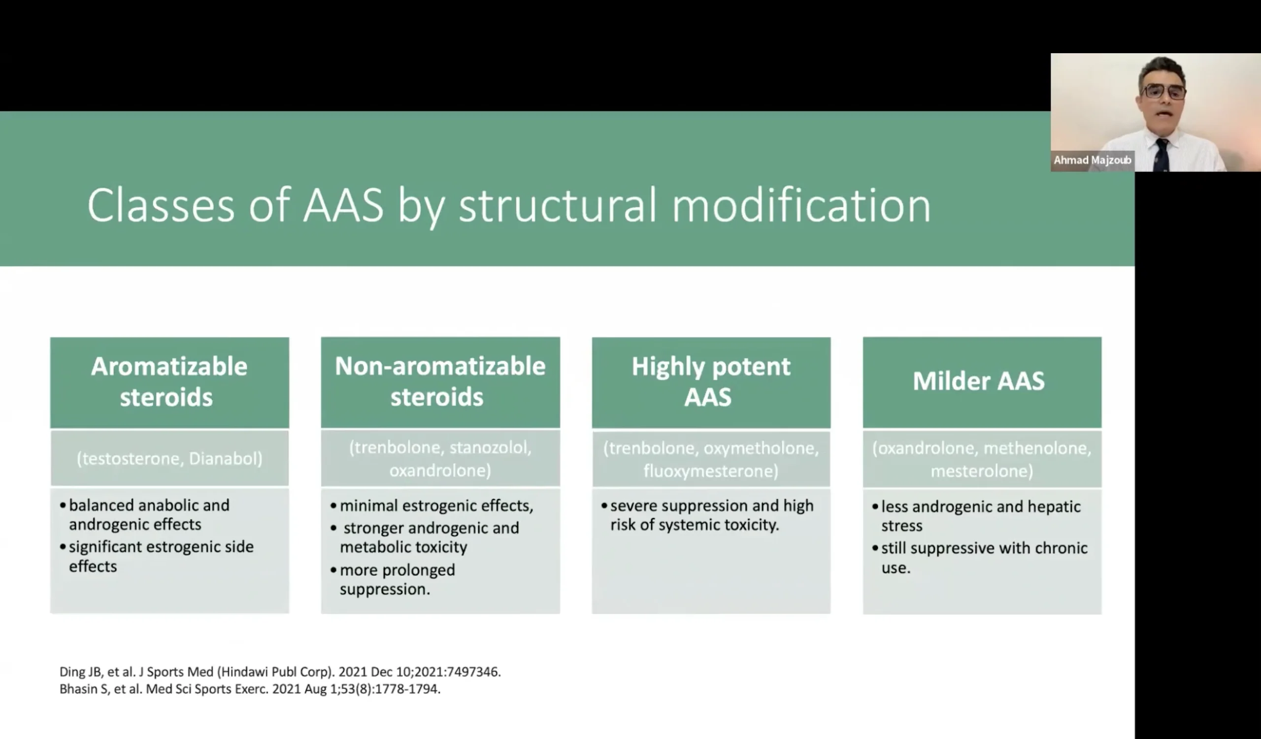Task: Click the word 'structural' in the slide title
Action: [x=558, y=205]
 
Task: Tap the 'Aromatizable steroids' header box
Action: [x=169, y=382]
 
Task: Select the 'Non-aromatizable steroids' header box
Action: [x=440, y=382]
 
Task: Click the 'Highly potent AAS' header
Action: [x=711, y=382]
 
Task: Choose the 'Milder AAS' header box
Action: [x=982, y=382]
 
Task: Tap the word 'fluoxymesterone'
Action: [x=711, y=471]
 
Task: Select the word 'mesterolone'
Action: [x=982, y=471]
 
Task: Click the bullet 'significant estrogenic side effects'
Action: [x=157, y=556]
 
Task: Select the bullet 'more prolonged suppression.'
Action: [x=393, y=579]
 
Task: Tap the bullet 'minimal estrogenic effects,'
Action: [x=432, y=506]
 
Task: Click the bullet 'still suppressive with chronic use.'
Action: [x=980, y=558]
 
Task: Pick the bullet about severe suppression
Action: [x=707, y=515]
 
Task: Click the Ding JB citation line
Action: [x=280, y=672]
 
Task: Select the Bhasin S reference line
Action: [x=250, y=689]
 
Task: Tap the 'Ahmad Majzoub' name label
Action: [x=1093, y=160]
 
